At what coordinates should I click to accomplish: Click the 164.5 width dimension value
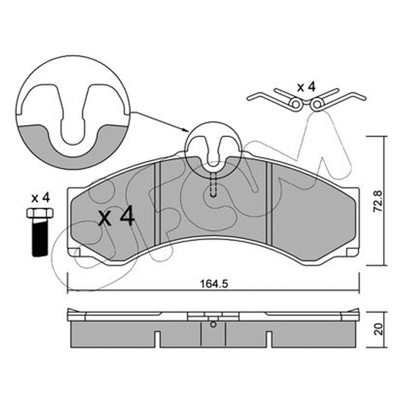(x=214, y=284)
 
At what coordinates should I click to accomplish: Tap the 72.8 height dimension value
(x=378, y=201)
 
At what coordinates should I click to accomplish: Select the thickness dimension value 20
(x=378, y=329)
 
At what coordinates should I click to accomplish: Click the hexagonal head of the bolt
(x=40, y=213)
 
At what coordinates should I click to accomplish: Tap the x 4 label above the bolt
(x=40, y=198)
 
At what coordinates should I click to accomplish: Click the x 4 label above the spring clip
(x=306, y=87)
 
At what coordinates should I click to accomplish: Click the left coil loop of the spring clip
(x=296, y=104)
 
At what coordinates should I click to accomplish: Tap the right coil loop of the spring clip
(x=317, y=104)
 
